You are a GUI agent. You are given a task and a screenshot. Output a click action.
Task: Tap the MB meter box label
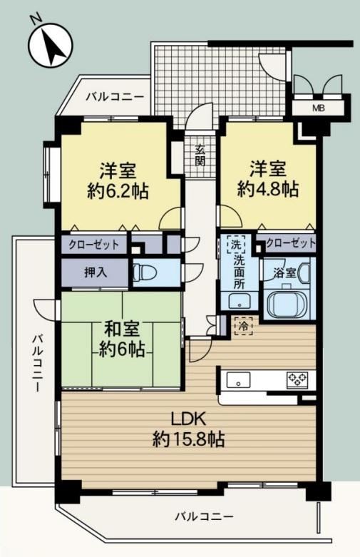click(318, 108)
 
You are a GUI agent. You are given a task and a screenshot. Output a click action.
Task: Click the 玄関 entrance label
click(200, 156)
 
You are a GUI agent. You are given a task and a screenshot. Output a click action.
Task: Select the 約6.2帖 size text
click(118, 192)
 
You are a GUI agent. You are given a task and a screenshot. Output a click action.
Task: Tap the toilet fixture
click(145, 273)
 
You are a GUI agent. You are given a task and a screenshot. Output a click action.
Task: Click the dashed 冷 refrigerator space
click(244, 326)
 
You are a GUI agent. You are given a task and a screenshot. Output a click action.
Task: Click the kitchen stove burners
click(297, 379)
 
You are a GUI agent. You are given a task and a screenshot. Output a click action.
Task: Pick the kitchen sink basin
click(239, 380)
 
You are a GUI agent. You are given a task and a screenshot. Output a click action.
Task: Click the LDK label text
click(188, 419)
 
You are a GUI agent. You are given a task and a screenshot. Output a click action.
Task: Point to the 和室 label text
click(121, 329)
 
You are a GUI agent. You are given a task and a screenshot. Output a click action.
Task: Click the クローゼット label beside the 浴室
click(290, 243)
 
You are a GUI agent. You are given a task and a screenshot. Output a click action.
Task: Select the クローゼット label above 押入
click(94, 245)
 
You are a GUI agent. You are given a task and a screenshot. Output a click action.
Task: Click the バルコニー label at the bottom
click(204, 516)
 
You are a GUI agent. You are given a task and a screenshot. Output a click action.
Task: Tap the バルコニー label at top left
click(115, 96)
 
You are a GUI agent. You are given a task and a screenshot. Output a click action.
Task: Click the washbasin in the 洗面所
click(239, 302)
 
